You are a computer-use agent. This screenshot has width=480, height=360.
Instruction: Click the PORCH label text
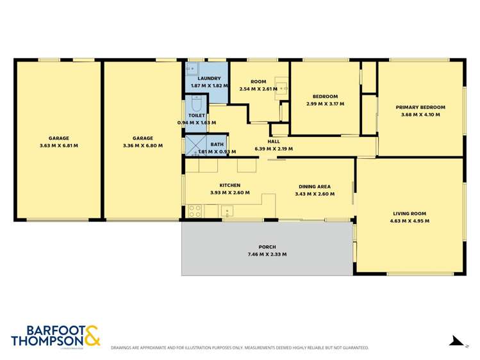pos(267,247)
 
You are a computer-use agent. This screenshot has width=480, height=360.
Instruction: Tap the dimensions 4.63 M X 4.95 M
pos(410,221)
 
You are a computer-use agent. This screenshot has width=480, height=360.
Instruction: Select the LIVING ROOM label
pos(410,213)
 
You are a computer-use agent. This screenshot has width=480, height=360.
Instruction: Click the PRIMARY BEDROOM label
pos(420,107)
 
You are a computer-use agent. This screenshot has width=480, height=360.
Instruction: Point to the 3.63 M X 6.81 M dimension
pos(58,145)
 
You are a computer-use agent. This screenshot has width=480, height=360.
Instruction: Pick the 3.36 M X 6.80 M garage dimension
pos(143,145)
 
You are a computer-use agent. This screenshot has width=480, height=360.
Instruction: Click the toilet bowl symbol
pos(196,104)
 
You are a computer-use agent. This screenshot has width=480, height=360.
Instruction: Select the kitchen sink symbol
pos(228,210)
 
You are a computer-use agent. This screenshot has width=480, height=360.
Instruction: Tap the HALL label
pos(274,141)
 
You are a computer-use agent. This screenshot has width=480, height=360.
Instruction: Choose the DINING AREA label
pos(313,186)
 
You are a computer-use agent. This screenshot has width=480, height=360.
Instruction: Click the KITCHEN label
pos(229,185)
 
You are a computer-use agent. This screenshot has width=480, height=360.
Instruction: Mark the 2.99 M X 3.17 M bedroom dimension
pos(325,104)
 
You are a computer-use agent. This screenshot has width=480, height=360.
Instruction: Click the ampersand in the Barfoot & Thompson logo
pos(91,336)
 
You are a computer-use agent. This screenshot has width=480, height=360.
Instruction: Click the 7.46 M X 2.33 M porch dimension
pos(267,254)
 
